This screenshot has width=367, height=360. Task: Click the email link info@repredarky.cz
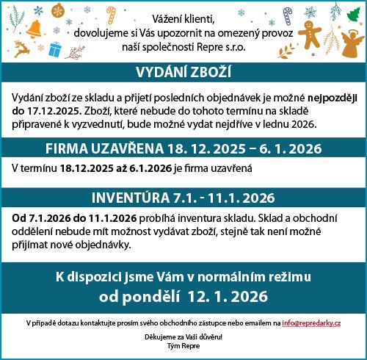(317, 323)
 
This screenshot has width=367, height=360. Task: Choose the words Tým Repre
(183, 345)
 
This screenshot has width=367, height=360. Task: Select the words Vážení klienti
(183, 17)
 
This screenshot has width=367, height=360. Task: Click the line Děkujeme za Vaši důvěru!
(183, 336)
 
